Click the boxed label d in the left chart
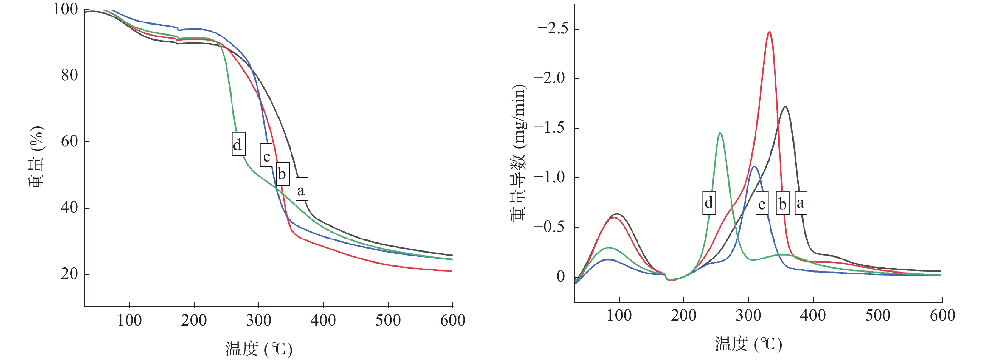pos(238,144)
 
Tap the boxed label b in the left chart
pos(282,174)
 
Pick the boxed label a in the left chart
pos(301,189)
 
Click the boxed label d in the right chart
pos(709,202)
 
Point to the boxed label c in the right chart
pos(762,204)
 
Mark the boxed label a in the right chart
pos(800,202)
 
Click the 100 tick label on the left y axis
pos(65,10)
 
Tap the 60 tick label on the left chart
pos(70,142)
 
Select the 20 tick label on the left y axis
pos(70,274)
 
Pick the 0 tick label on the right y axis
pos(560,276)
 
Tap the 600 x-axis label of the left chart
pos(452,320)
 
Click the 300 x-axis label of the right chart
pos(748,315)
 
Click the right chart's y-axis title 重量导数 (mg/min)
pos(519,153)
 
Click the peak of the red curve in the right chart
pos(769,32)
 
